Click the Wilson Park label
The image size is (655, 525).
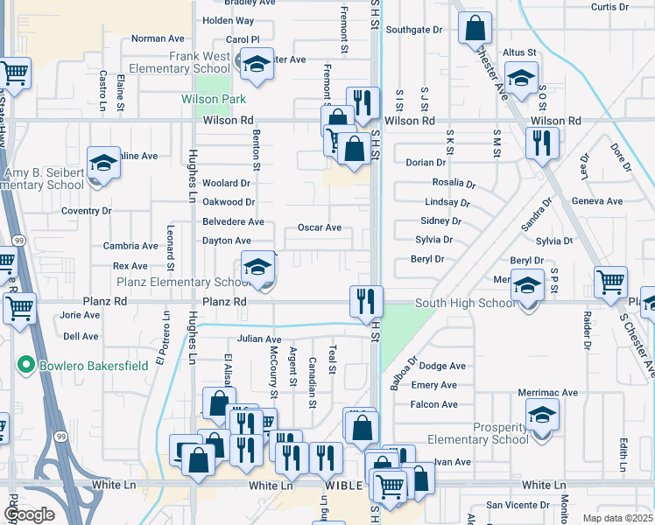coord(214,100)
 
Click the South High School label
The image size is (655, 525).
coord(453,304)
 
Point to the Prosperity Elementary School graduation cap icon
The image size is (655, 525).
coord(542,414)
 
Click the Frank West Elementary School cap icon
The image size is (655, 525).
coord(257,63)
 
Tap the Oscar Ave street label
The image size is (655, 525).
coord(319,227)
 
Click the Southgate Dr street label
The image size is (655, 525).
coord(415,29)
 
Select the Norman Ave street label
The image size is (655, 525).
coord(158,38)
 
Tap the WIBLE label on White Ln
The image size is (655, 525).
coord(342,485)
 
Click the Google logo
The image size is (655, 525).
coord(29,514)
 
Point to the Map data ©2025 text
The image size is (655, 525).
coord(618,518)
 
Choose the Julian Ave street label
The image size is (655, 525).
coord(259,339)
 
